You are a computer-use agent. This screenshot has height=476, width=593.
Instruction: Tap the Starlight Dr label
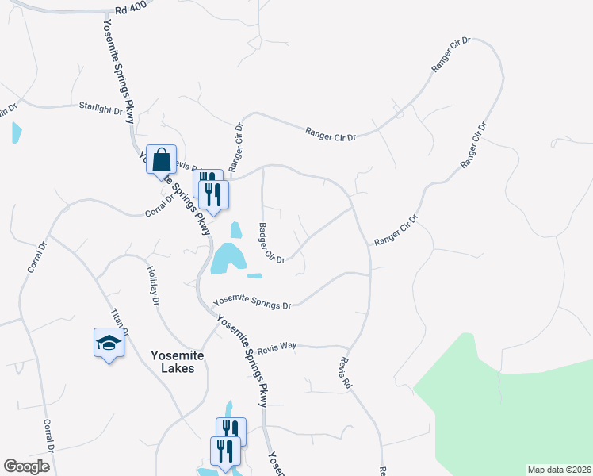101,108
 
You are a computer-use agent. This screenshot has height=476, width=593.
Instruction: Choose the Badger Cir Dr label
271,243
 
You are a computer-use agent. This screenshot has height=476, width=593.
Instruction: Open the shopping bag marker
162,160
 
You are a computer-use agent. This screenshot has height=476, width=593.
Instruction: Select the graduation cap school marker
109,343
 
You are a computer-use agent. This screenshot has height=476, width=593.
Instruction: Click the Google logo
26,466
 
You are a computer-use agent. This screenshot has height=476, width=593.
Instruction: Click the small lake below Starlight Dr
17,133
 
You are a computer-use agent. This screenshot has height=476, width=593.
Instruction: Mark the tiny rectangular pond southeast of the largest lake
254,276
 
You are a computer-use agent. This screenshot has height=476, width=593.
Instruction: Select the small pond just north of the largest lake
236,231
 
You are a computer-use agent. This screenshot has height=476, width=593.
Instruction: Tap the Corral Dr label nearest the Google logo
48,435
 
